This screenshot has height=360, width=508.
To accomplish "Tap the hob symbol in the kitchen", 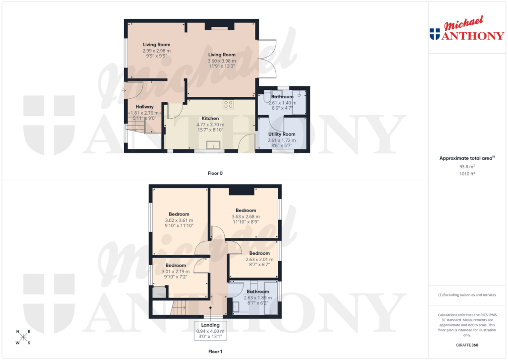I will (x=229, y=104).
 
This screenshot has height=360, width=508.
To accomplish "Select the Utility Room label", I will (x=281, y=134).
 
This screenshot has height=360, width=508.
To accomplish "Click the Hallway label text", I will (x=144, y=107).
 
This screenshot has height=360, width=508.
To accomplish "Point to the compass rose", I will (x=23, y=337).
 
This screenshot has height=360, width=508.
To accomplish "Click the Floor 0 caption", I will (x=215, y=173).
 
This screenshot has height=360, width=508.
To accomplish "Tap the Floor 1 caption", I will (x=215, y=352).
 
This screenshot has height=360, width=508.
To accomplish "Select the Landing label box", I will (x=211, y=331).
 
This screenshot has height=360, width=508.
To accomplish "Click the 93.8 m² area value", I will (x=467, y=167).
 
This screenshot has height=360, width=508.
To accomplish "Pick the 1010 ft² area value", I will (x=467, y=174).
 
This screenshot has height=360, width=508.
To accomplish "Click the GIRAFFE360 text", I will (x=467, y=345).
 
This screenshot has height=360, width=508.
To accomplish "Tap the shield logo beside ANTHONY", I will (x=435, y=34).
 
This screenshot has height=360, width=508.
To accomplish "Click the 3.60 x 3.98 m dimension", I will (x=222, y=61).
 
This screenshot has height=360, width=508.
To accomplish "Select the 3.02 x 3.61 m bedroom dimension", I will (x=179, y=220).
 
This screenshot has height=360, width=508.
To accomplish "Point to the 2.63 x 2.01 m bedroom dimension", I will (x=259, y=259).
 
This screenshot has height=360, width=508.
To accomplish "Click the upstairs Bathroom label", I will (x=258, y=291).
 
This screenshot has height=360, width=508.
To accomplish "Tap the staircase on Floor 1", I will (x=179, y=308).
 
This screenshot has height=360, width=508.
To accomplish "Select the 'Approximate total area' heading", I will (x=466, y=158).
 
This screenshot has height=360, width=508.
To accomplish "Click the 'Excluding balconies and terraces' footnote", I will (x=467, y=295).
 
